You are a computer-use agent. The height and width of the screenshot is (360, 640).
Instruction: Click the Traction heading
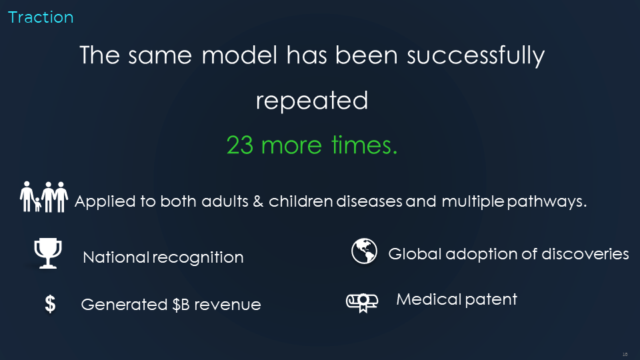(41, 17)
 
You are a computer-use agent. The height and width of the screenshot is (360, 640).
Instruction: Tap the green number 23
(240, 145)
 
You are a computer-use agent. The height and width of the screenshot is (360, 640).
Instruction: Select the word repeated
(312, 101)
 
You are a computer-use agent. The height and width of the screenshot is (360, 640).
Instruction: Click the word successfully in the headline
(475, 56)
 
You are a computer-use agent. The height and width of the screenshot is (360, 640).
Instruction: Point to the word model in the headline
(239, 55)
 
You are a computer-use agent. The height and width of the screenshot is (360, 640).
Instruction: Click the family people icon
(44, 197)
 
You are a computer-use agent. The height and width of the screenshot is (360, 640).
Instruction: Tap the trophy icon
(48, 253)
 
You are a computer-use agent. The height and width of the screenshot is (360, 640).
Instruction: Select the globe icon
(364, 251)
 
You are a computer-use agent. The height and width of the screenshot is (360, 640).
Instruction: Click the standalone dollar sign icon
(50, 304)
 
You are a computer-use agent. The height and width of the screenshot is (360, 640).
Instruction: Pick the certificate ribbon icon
(362, 303)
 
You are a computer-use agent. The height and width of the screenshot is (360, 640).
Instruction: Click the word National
(116, 257)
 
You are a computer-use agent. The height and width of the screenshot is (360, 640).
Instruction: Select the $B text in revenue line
(181, 305)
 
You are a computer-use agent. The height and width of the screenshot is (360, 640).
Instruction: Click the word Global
(415, 254)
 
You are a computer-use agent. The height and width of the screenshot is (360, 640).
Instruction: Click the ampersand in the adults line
(258, 201)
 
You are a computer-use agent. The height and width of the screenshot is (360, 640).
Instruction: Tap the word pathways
(547, 202)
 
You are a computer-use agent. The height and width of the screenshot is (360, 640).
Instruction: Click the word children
(301, 201)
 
